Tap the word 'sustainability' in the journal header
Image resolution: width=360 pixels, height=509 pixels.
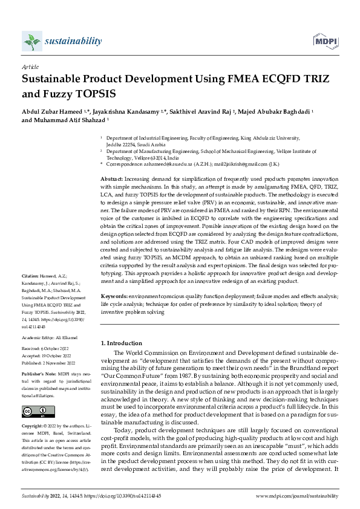73,41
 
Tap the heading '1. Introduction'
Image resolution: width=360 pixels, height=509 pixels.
122,343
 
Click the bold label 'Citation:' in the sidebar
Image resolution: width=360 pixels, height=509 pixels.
30,291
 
